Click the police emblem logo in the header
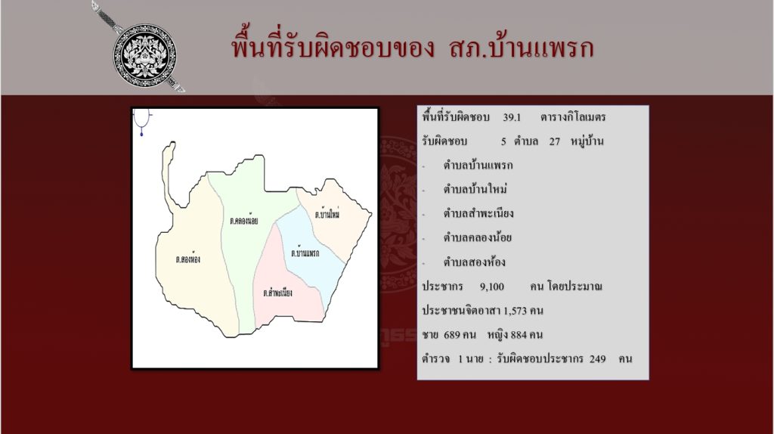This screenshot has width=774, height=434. click(144, 55)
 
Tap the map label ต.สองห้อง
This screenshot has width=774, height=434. click(188, 259)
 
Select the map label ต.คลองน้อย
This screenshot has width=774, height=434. click(244, 220)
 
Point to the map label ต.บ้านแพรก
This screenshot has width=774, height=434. click(305, 253)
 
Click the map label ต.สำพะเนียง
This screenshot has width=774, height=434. click(278, 293)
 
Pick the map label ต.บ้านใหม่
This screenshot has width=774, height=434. click(327, 214)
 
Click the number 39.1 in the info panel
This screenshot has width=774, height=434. click(512, 117)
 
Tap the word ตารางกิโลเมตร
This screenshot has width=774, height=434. click(573, 117)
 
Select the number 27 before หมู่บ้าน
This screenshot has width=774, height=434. click(555, 141)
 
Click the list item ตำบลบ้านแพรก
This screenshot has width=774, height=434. click(478, 166)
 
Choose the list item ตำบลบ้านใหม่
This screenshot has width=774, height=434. click(475, 189)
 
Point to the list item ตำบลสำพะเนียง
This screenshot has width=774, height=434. click(478, 213)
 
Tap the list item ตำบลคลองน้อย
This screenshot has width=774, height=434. click(478, 237)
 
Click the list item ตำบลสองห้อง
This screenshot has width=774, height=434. click(474, 262)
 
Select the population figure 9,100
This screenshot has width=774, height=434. click(492, 287)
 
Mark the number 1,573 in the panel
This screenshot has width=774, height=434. click(515, 311)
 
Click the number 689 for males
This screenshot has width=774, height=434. click(452, 335)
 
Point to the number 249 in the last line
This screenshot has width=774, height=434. click(597, 359)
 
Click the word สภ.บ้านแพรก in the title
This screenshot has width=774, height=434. click(522, 48)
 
